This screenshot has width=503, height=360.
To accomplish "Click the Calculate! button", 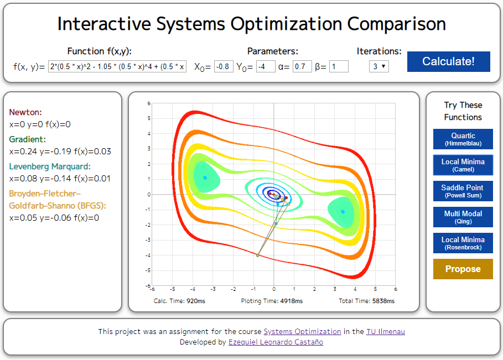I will (448, 61).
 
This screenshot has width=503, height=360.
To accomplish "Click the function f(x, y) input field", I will (118, 67).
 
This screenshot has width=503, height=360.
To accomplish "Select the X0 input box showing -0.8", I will (224, 67).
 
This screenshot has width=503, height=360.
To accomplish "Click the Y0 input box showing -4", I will (266, 67).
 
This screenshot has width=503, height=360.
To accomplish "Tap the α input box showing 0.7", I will (302, 67).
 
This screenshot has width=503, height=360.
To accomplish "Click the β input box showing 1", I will (339, 67).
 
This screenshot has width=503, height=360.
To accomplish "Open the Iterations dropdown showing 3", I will (379, 66).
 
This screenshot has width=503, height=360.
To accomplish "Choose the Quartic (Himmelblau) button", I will (463, 139).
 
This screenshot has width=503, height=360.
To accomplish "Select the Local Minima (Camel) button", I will (463, 165).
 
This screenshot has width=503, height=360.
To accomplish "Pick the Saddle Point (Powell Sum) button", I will (463, 191).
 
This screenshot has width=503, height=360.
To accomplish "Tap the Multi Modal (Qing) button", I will (463, 217).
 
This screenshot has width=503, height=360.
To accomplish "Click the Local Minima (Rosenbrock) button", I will (463, 243).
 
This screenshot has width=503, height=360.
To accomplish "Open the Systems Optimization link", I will (302, 331).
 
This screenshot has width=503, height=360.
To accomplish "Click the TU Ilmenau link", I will (385, 331).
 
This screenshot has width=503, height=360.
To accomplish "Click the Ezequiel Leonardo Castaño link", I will (276, 342).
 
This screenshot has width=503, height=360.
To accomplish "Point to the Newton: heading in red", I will (25, 112).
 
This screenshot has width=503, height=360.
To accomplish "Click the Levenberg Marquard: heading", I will (50, 166).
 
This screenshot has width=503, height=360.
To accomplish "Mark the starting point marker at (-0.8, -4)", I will (258, 255).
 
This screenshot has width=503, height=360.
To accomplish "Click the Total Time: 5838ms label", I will (366, 301).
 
